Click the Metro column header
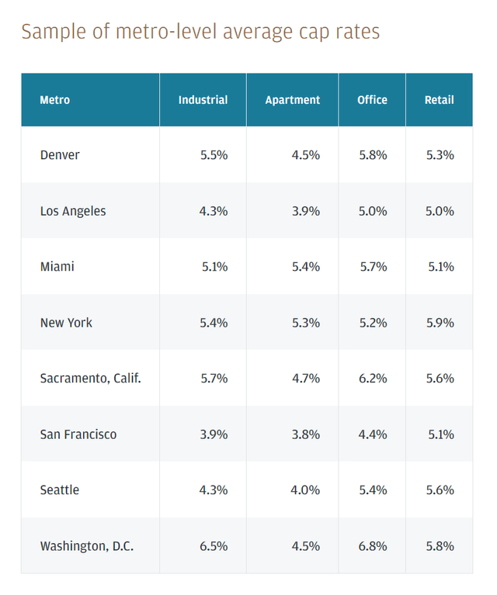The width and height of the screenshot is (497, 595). (x=54, y=100)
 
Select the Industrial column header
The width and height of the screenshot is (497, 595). (x=203, y=100)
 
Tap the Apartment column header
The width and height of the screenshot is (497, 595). (x=293, y=100)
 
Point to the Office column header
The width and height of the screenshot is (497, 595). (x=372, y=100)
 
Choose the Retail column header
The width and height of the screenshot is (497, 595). (x=439, y=100)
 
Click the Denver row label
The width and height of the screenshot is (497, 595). (x=60, y=155)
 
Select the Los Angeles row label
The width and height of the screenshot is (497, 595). (x=73, y=211)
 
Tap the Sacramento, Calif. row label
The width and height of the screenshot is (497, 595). (x=90, y=379)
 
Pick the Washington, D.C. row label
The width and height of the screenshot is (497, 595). (x=87, y=546)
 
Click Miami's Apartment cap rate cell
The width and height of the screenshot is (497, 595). (x=306, y=267)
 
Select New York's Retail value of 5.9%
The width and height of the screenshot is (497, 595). (x=440, y=323)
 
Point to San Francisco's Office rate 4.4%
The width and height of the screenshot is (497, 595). (x=373, y=434)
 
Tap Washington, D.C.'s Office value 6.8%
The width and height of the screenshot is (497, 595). (x=373, y=546)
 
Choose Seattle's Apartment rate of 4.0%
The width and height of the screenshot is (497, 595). (x=306, y=490)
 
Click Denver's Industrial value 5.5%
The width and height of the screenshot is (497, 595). (x=214, y=155)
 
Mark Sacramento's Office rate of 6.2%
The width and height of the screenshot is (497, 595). (x=373, y=379)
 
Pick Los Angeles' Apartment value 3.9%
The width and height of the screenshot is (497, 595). (x=306, y=211)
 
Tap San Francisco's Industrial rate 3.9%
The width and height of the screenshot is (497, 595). (x=214, y=434)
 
